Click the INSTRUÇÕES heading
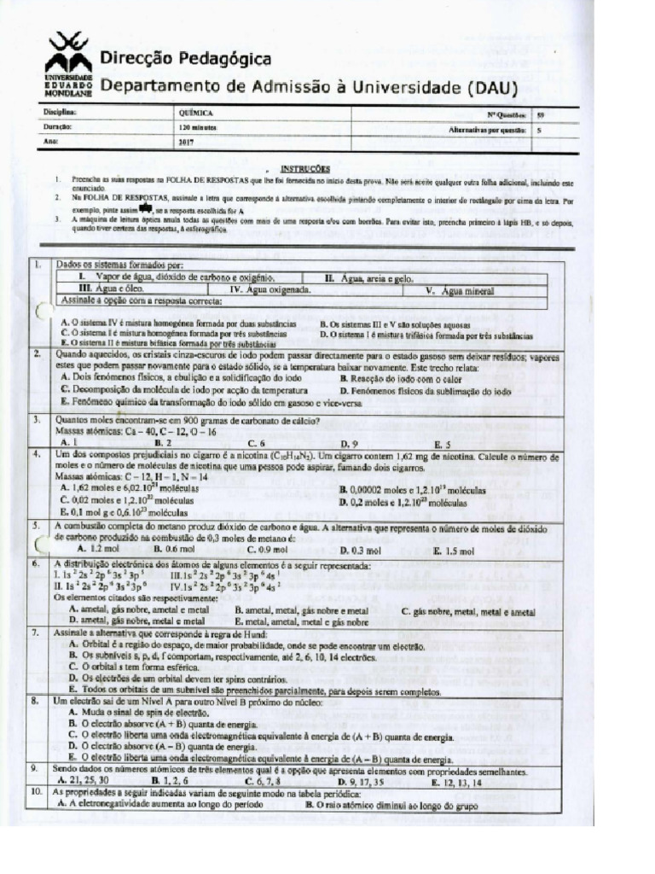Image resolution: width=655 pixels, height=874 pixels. (x=304, y=169)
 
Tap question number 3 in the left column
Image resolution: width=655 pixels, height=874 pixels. (x=39, y=421)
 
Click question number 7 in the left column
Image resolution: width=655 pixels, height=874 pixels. (x=39, y=633)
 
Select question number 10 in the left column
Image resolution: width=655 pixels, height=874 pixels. (x=39, y=792)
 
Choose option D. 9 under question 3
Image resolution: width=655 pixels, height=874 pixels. (x=349, y=444)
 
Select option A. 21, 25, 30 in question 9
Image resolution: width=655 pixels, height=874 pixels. (x=88, y=780)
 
